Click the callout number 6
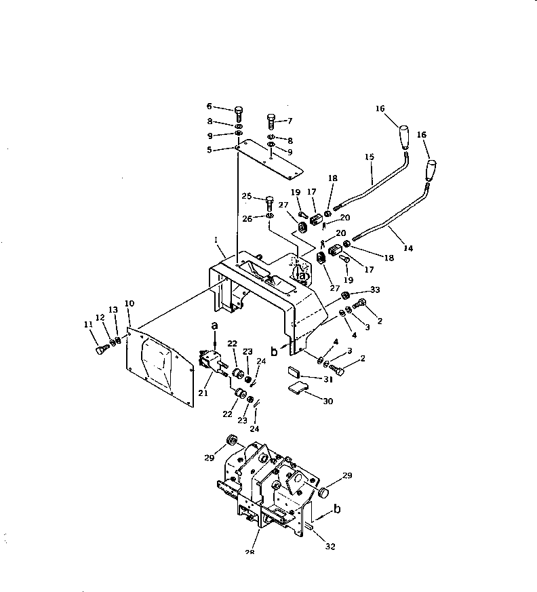coord(210,106)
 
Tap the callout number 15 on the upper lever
coord(370,157)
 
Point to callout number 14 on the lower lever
coord(408,249)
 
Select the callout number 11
coord(88,325)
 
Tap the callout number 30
coord(327,401)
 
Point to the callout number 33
coord(374,290)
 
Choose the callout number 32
coord(330,546)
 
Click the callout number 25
coord(247,196)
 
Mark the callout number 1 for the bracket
coord(216,240)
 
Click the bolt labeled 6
coord(239,113)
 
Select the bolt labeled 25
coord(269,201)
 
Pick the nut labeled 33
coord(344,296)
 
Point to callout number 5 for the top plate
coord(210,150)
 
